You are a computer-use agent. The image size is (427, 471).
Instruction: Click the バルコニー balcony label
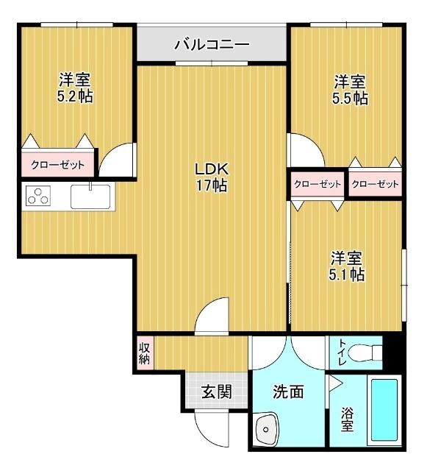[212, 45]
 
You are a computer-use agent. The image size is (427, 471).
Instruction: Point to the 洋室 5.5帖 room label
[350, 90]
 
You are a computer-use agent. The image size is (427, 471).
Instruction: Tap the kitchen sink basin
[90, 197]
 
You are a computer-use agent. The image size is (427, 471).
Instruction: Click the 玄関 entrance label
[217, 392]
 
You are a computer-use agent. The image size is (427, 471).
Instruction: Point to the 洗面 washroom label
[288, 392]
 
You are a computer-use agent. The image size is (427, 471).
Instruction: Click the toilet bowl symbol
[364, 353]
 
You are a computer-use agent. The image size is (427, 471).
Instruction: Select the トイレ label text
[342, 352]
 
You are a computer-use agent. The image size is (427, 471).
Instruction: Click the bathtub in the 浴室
[382, 412]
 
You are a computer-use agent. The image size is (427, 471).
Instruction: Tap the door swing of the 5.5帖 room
[304, 152]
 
